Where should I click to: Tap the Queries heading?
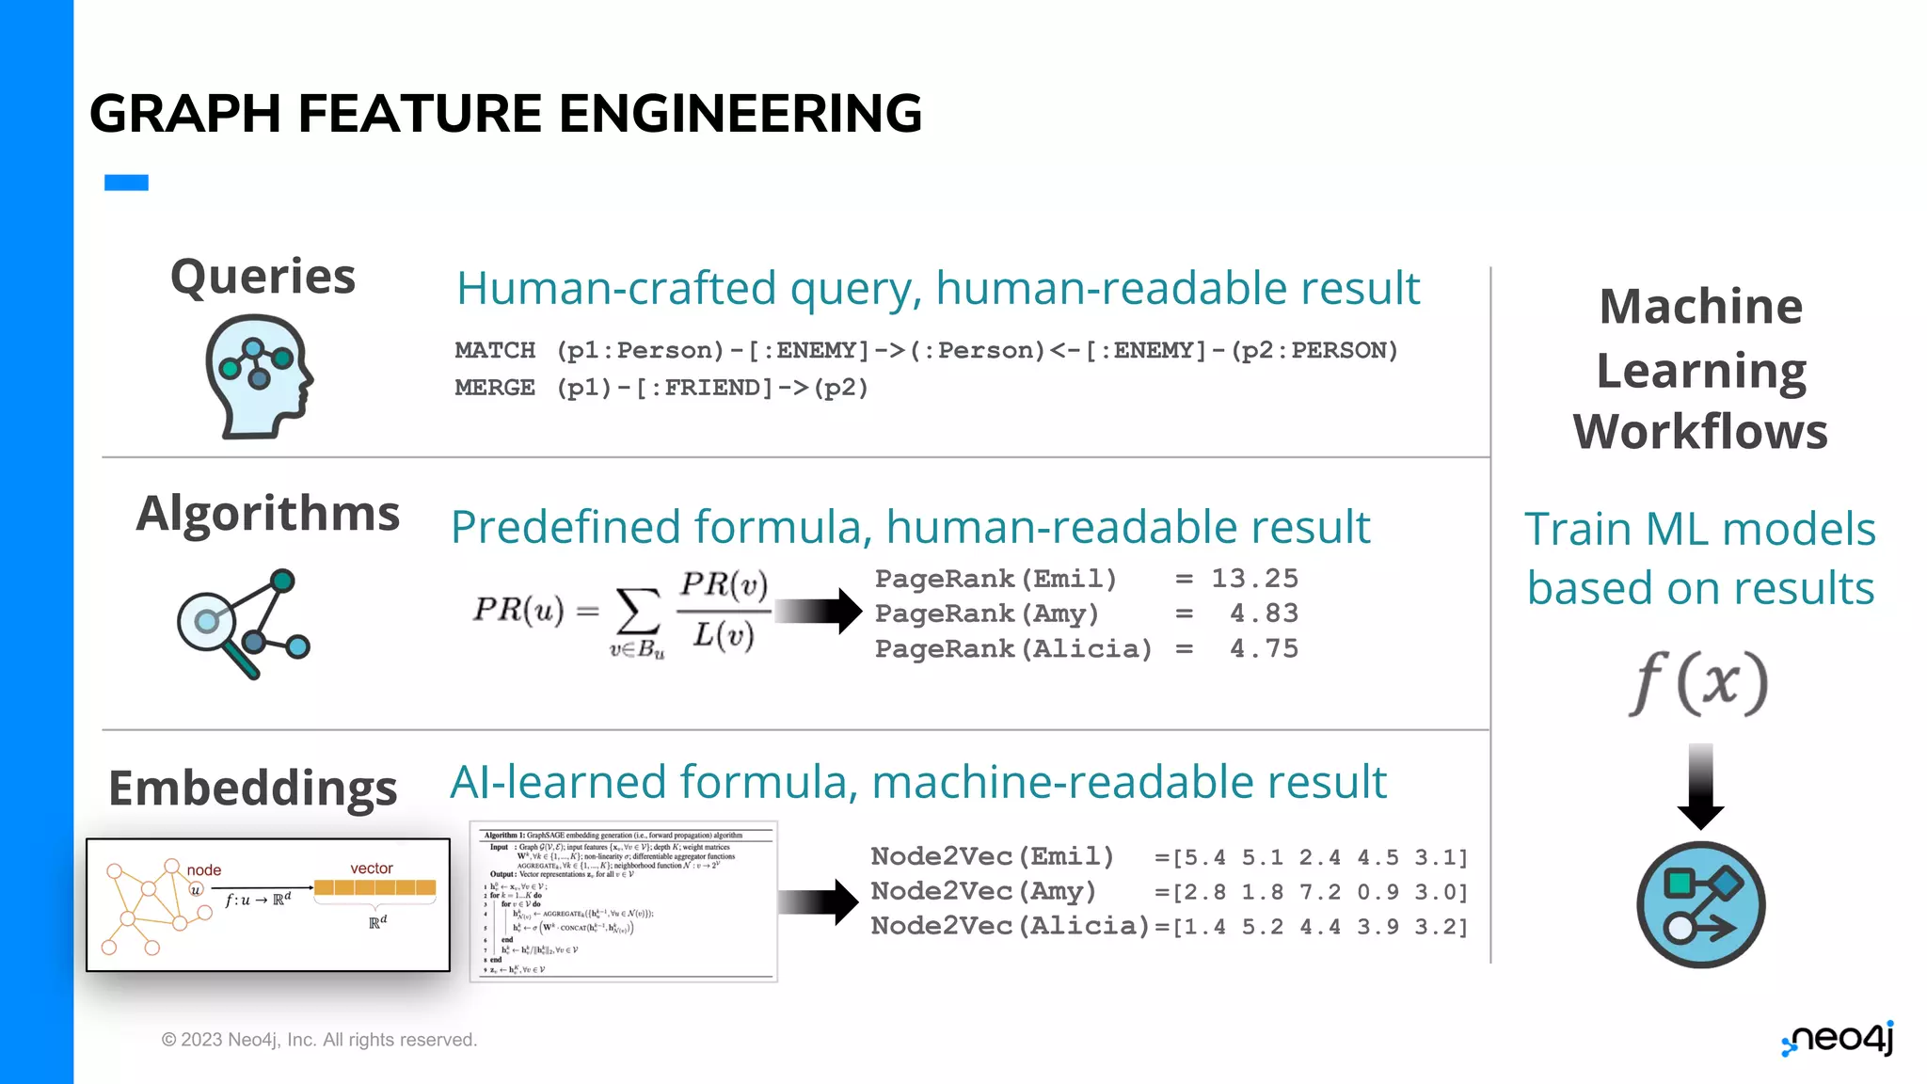coord(263,277)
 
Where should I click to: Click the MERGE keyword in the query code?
coord(495,388)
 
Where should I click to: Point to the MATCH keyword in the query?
coord(495,350)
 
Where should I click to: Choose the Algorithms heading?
coord(268,514)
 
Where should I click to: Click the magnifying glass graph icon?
coord(243,623)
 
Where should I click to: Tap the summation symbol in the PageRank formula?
coord(637,613)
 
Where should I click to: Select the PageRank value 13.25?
coord(1254,579)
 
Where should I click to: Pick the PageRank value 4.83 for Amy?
coord(1264,614)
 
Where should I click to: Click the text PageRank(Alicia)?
coord(1013,649)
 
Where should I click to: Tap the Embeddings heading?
coord(253,788)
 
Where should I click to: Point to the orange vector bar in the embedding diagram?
coord(374,887)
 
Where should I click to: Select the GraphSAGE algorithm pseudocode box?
coord(623,901)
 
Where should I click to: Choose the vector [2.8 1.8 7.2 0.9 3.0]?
coord(1312,892)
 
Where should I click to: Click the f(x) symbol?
coord(1698,683)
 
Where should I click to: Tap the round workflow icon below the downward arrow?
coord(1700,904)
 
